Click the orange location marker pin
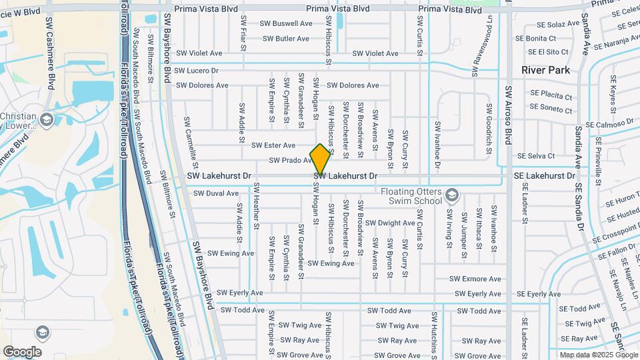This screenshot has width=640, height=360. (x=321, y=159)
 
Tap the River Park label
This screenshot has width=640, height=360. (x=544, y=70)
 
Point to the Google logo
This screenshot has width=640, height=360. (x=22, y=351)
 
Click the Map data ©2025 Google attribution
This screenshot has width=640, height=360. (x=599, y=355)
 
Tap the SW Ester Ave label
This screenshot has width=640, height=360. (x=273, y=145)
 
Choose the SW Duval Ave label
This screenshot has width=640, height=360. (x=215, y=193)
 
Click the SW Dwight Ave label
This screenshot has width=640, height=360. (x=391, y=223)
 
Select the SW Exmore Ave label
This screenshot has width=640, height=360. (x=475, y=279)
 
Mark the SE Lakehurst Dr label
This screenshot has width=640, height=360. (x=544, y=175)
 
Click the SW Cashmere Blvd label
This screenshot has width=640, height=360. (x=49, y=53)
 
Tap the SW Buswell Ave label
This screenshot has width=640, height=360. (x=287, y=23)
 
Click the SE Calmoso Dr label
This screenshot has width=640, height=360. (x=609, y=124)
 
